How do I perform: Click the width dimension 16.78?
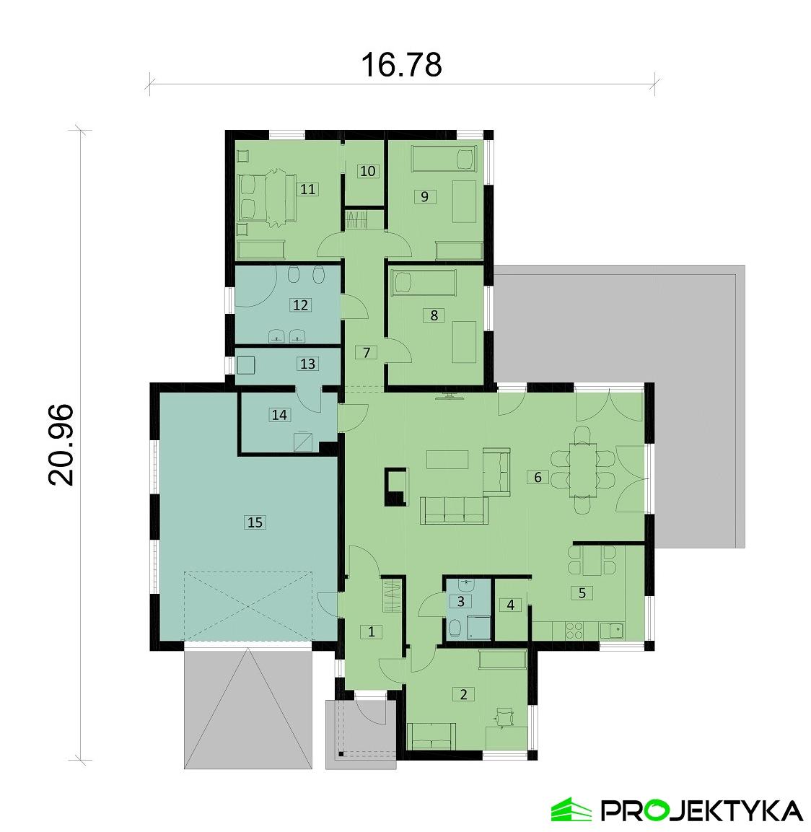point(400,65)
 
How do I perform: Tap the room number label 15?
point(254,522)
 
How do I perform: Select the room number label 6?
point(536,476)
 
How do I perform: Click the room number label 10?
point(368,171)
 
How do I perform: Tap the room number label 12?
point(301,305)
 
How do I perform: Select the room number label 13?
point(307,364)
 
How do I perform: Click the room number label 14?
point(279,414)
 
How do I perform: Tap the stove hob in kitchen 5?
point(574,630)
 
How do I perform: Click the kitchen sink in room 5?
point(615,630)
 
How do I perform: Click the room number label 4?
point(511,605)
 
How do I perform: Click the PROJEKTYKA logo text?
point(700,810)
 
